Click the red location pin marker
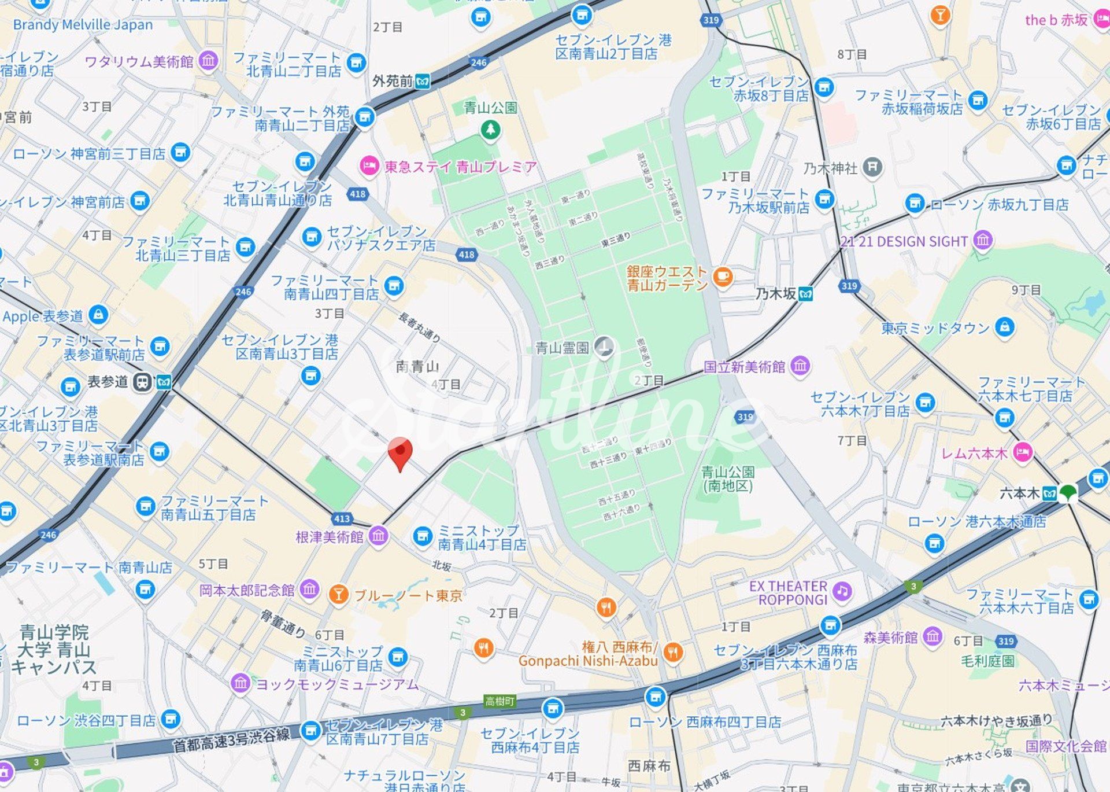pyautogui.click(x=399, y=453)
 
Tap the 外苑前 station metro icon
pyautogui.click(x=424, y=81)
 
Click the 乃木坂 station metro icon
pyautogui.click(x=805, y=294)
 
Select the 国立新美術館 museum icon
pyautogui.click(x=800, y=366)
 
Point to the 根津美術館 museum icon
pyautogui.click(x=378, y=536)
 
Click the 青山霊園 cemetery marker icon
pyautogui.click(x=604, y=347)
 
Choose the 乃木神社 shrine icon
pyautogui.click(x=872, y=168)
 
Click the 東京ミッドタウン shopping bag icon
pyautogui.click(x=1005, y=327)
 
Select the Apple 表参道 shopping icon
pyautogui.click(x=98, y=315)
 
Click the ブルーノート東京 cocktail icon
pyautogui.click(x=338, y=594)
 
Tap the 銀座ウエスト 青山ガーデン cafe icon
pyautogui.click(x=722, y=277)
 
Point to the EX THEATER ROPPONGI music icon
pyautogui.click(x=842, y=591)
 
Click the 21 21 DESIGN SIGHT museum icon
pyautogui.click(x=983, y=240)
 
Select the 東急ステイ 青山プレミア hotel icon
pyautogui.click(x=369, y=167)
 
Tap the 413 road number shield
pyautogui.click(x=342, y=519)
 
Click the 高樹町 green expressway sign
pyautogui.click(x=499, y=701)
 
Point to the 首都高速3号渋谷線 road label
pyautogui.click(x=231, y=740)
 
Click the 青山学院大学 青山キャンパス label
pyautogui.click(x=54, y=649)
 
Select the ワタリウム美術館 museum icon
pyautogui.click(x=208, y=60)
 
